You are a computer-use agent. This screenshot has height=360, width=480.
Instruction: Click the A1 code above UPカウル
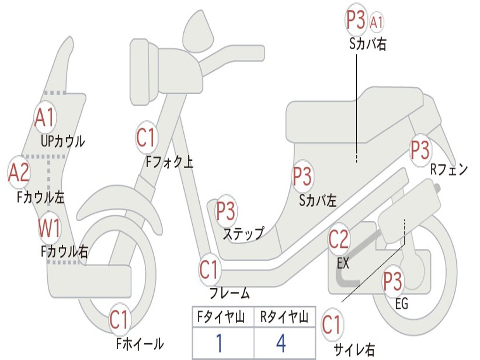pos(45,118)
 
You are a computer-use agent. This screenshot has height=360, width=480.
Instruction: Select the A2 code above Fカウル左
pos(19,172)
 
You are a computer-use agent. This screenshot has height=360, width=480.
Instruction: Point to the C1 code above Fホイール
pos(119,320)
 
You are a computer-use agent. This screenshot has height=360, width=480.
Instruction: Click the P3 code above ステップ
pos(225,211)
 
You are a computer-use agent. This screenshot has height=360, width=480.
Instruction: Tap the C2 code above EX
pos(339,240)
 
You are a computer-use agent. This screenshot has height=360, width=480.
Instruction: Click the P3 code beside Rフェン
pos(420,150)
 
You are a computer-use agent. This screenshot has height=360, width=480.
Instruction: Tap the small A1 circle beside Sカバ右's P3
pos(377,22)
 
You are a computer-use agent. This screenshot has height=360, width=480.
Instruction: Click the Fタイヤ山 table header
pos(222,318)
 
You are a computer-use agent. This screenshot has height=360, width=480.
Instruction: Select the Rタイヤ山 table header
pos(284,318)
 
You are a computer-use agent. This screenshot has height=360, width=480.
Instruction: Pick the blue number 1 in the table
pos(218,343)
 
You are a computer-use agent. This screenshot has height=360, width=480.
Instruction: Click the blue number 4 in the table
pos(281,343)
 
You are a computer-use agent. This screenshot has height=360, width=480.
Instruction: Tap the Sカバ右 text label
pos(367,45)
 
